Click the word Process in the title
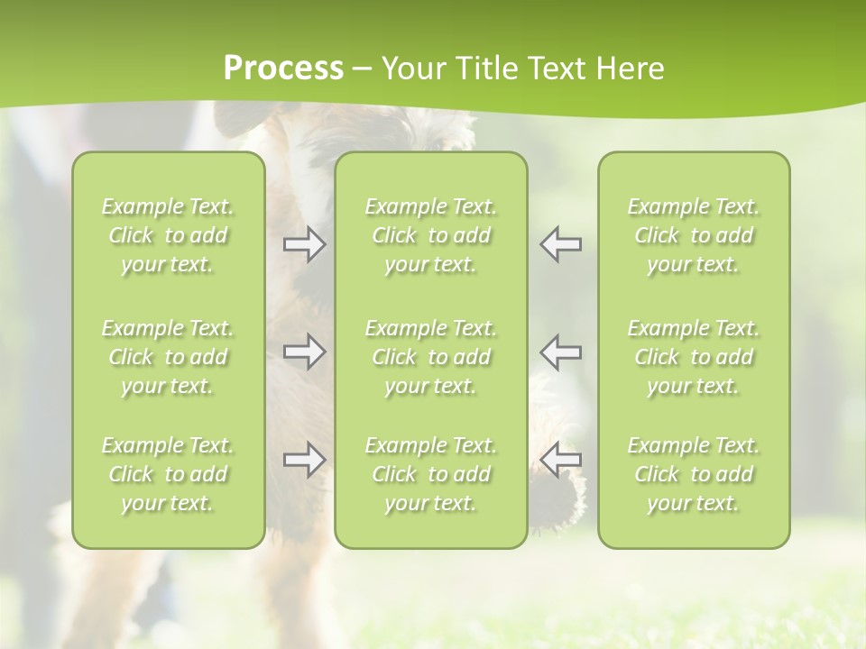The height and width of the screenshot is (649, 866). pyautogui.click(x=283, y=69)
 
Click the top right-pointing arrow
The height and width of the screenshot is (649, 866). pyautogui.click(x=305, y=245)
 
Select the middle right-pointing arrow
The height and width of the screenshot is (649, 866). pyautogui.click(x=305, y=352)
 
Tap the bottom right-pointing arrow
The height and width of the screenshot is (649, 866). pyautogui.click(x=305, y=460)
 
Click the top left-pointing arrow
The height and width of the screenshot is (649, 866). pyautogui.click(x=560, y=245)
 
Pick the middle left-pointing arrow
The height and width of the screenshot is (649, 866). pyautogui.click(x=560, y=352)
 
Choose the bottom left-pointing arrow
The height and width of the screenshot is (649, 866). pyautogui.click(x=560, y=460)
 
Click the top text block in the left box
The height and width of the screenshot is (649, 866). pyautogui.click(x=168, y=235)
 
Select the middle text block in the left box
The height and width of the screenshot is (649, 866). pyautogui.click(x=168, y=357)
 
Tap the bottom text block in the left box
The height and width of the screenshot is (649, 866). pyautogui.click(x=168, y=474)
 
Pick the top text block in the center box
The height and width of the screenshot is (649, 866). pyautogui.click(x=431, y=235)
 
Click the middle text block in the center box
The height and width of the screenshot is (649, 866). pyautogui.click(x=431, y=357)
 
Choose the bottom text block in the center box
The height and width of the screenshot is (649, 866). pyautogui.click(x=431, y=474)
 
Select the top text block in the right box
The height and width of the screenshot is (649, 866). pyautogui.click(x=694, y=235)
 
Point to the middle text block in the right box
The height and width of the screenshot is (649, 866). pyautogui.click(x=694, y=357)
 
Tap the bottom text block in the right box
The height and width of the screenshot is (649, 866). pyautogui.click(x=694, y=474)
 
